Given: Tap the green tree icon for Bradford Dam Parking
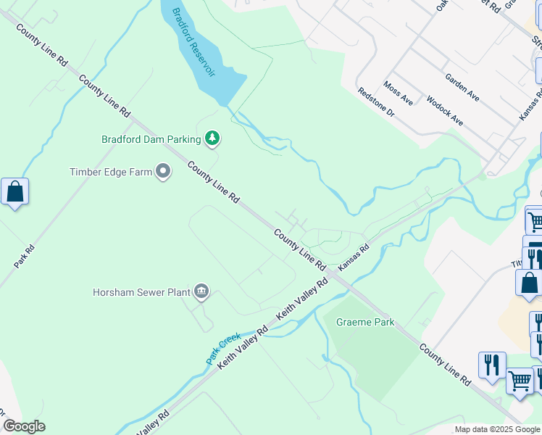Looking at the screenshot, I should pyautogui.click(x=212, y=138).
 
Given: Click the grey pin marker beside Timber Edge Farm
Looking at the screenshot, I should pyautogui.click(x=164, y=172).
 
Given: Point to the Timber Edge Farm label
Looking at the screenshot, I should pyautogui.click(x=111, y=172).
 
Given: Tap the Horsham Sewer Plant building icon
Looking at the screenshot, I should pyautogui.click(x=201, y=292).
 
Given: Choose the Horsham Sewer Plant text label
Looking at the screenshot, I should pyautogui.click(x=141, y=293).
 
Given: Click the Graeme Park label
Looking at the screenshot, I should pyautogui.click(x=366, y=322).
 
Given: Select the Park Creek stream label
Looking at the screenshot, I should pyautogui.click(x=223, y=348).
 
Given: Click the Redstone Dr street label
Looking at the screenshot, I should pyautogui.click(x=375, y=103).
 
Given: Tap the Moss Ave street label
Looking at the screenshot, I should pyautogui.click(x=398, y=94).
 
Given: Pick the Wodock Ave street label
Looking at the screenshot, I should pyautogui.click(x=444, y=111).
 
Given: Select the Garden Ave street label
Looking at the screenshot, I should pyautogui.click(x=462, y=87).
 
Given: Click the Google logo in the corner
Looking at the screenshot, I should pyautogui.click(x=24, y=426).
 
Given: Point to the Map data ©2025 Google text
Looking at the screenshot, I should pyautogui.click(x=496, y=429).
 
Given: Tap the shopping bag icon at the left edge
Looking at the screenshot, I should pyautogui.click(x=14, y=192).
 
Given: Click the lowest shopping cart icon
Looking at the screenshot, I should pyautogui.click(x=520, y=380).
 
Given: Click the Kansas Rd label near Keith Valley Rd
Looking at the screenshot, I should pyautogui.click(x=354, y=257).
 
